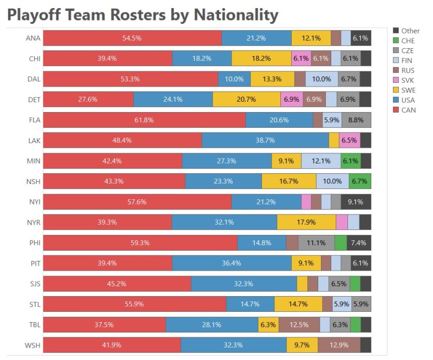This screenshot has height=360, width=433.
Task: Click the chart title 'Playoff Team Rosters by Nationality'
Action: click(x=142, y=15)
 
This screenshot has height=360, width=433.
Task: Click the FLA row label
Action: click(x=32, y=120)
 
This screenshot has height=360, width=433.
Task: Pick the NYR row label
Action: click(x=32, y=222)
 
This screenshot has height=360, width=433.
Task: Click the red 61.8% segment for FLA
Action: click(x=144, y=120)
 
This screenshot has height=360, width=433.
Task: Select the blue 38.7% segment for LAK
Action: click(x=265, y=140)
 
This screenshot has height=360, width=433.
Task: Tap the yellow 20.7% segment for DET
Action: click(x=247, y=100)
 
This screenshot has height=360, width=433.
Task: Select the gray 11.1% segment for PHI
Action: click(x=317, y=243)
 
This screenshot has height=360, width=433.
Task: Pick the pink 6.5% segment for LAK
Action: click(x=350, y=140)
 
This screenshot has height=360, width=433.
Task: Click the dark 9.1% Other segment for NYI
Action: click(x=356, y=202)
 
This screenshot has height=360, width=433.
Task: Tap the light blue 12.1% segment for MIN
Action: click(x=321, y=161)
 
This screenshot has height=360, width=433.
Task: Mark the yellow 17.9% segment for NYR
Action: click(x=306, y=222)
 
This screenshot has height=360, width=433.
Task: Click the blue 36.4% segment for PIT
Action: click(x=232, y=264)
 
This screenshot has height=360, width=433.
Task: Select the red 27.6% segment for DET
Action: click(x=88, y=100)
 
